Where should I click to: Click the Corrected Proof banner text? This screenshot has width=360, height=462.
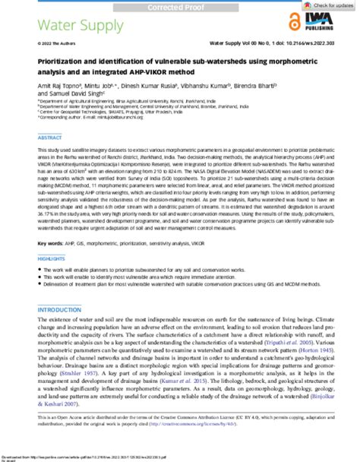(180, 4)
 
